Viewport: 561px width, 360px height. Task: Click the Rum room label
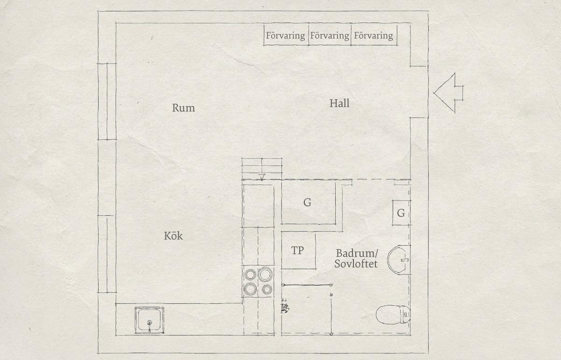point(183,108)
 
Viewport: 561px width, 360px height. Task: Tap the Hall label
point(339,103)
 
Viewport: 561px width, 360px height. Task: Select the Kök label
point(173,236)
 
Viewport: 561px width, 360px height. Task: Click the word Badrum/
point(357,253)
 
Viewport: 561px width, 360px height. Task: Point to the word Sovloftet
point(356,264)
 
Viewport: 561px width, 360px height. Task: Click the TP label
point(297,250)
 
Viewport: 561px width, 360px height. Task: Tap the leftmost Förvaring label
point(286,36)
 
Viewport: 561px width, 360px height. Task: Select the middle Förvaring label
point(330,36)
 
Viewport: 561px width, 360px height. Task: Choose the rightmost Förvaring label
point(374,36)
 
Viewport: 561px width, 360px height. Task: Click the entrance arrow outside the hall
point(448,93)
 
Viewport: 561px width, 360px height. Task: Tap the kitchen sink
point(149,320)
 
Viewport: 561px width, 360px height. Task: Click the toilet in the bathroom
point(393,315)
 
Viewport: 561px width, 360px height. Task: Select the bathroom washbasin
point(399,260)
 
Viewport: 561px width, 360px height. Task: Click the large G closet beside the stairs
point(309,203)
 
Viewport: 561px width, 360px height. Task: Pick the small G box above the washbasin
point(401,213)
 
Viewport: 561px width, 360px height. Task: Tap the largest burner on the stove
point(265,274)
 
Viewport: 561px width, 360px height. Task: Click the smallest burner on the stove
point(267,289)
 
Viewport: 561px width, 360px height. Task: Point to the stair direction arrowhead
point(262,177)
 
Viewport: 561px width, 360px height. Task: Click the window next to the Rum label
point(107,101)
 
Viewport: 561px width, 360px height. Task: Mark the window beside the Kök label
point(107,254)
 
